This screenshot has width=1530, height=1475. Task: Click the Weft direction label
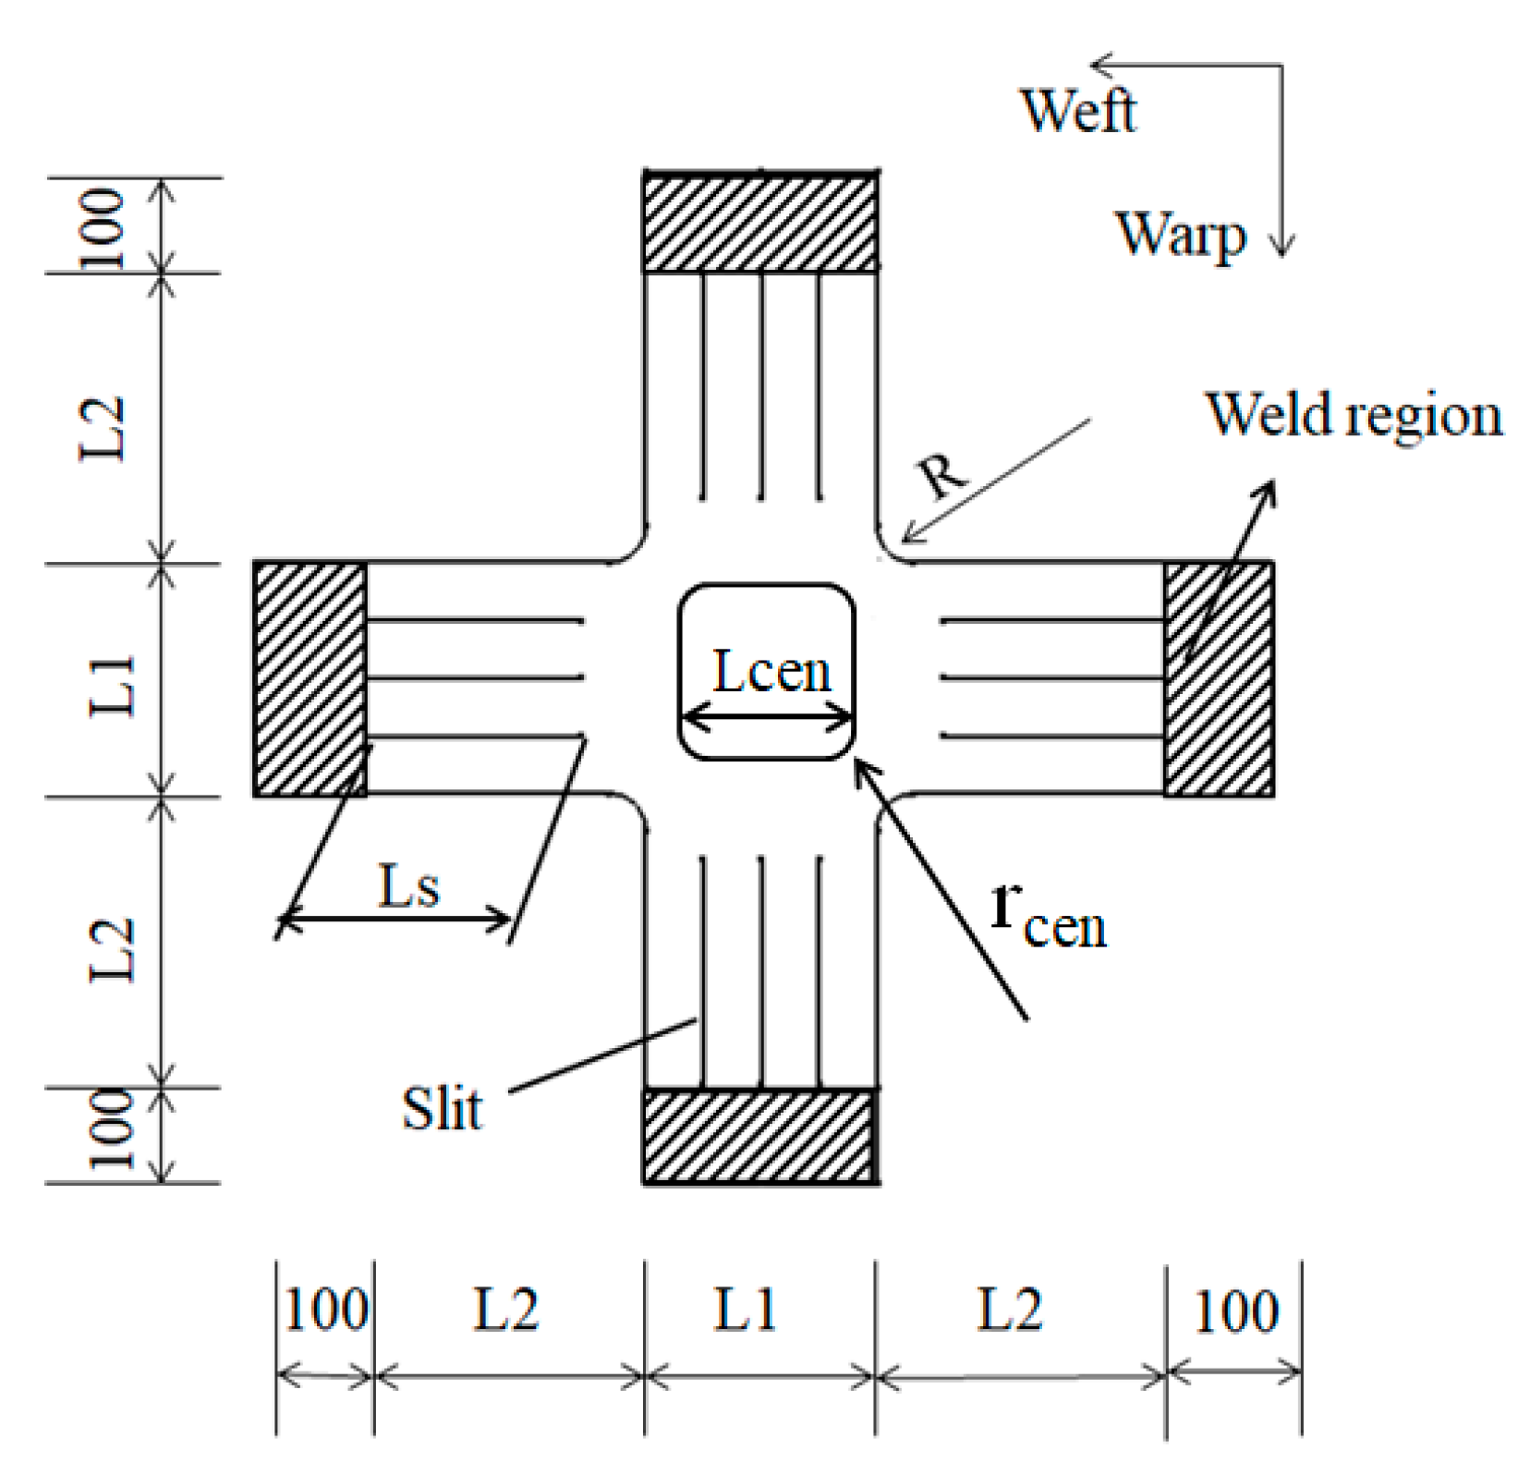pyautogui.click(x=1077, y=111)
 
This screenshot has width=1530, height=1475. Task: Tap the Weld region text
pyautogui.click(x=1354, y=415)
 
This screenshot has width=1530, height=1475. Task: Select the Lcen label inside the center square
pyautogui.click(x=771, y=671)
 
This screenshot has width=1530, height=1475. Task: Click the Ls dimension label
pyautogui.click(x=409, y=886)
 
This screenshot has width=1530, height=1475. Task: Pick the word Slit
pyautogui.click(x=441, y=1108)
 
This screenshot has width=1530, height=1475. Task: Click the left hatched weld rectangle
pyautogui.click(x=310, y=679)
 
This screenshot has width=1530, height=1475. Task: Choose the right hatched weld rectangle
pyautogui.click(x=1218, y=679)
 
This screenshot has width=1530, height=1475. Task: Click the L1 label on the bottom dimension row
pyautogui.click(x=746, y=1310)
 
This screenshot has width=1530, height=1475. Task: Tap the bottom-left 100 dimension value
pyautogui.click(x=325, y=1310)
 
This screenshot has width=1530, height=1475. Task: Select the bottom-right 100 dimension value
pyautogui.click(x=1235, y=1311)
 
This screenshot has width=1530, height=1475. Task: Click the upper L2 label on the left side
pyautogui.click(x=102, y=427)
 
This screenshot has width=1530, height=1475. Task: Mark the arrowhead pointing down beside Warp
pyautogui.click(x=1281, y=244)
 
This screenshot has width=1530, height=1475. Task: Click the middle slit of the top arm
pyautogui.click(x=762, y=386)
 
